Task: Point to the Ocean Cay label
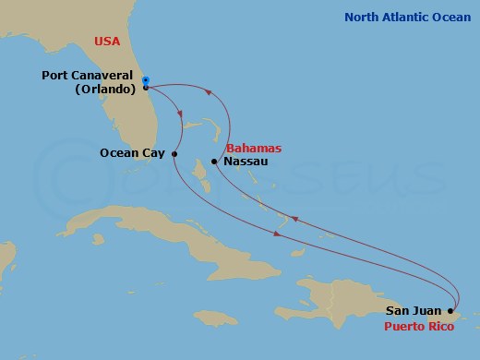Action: pos(133,154)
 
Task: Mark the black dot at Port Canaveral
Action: pos(146,88)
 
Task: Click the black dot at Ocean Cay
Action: pos(174,154)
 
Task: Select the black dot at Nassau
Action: pos(214,162)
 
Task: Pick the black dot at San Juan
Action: pos(450,311)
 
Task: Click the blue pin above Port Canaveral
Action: pos(146,79)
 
